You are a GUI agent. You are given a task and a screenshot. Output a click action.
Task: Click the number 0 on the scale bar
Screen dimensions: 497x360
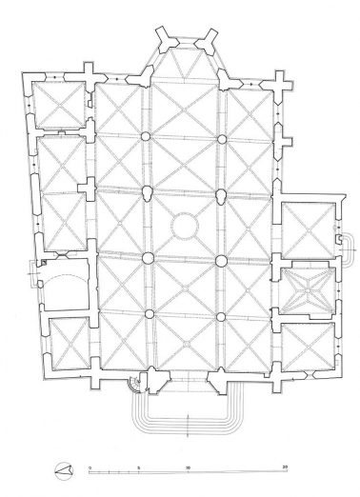pos(90,467)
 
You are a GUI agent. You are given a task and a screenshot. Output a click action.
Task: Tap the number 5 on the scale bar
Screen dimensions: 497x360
pos(139,467)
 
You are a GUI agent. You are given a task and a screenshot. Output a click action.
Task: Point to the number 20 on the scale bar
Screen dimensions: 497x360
pos(286,467)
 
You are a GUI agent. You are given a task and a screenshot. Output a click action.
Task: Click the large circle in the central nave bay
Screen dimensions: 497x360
pos(184,228)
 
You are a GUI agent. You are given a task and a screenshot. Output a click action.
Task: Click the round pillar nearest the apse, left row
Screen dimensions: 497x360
pos(147,139)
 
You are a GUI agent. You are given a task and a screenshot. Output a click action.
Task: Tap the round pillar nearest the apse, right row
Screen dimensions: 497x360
pos(222,139)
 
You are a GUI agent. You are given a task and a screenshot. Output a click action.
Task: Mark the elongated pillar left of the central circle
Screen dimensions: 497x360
pos(147,194)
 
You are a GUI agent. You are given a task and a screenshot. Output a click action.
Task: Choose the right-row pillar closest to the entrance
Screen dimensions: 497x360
pos(221,316)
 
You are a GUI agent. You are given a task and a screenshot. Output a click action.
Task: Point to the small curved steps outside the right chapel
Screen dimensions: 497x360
pos(347,245)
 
